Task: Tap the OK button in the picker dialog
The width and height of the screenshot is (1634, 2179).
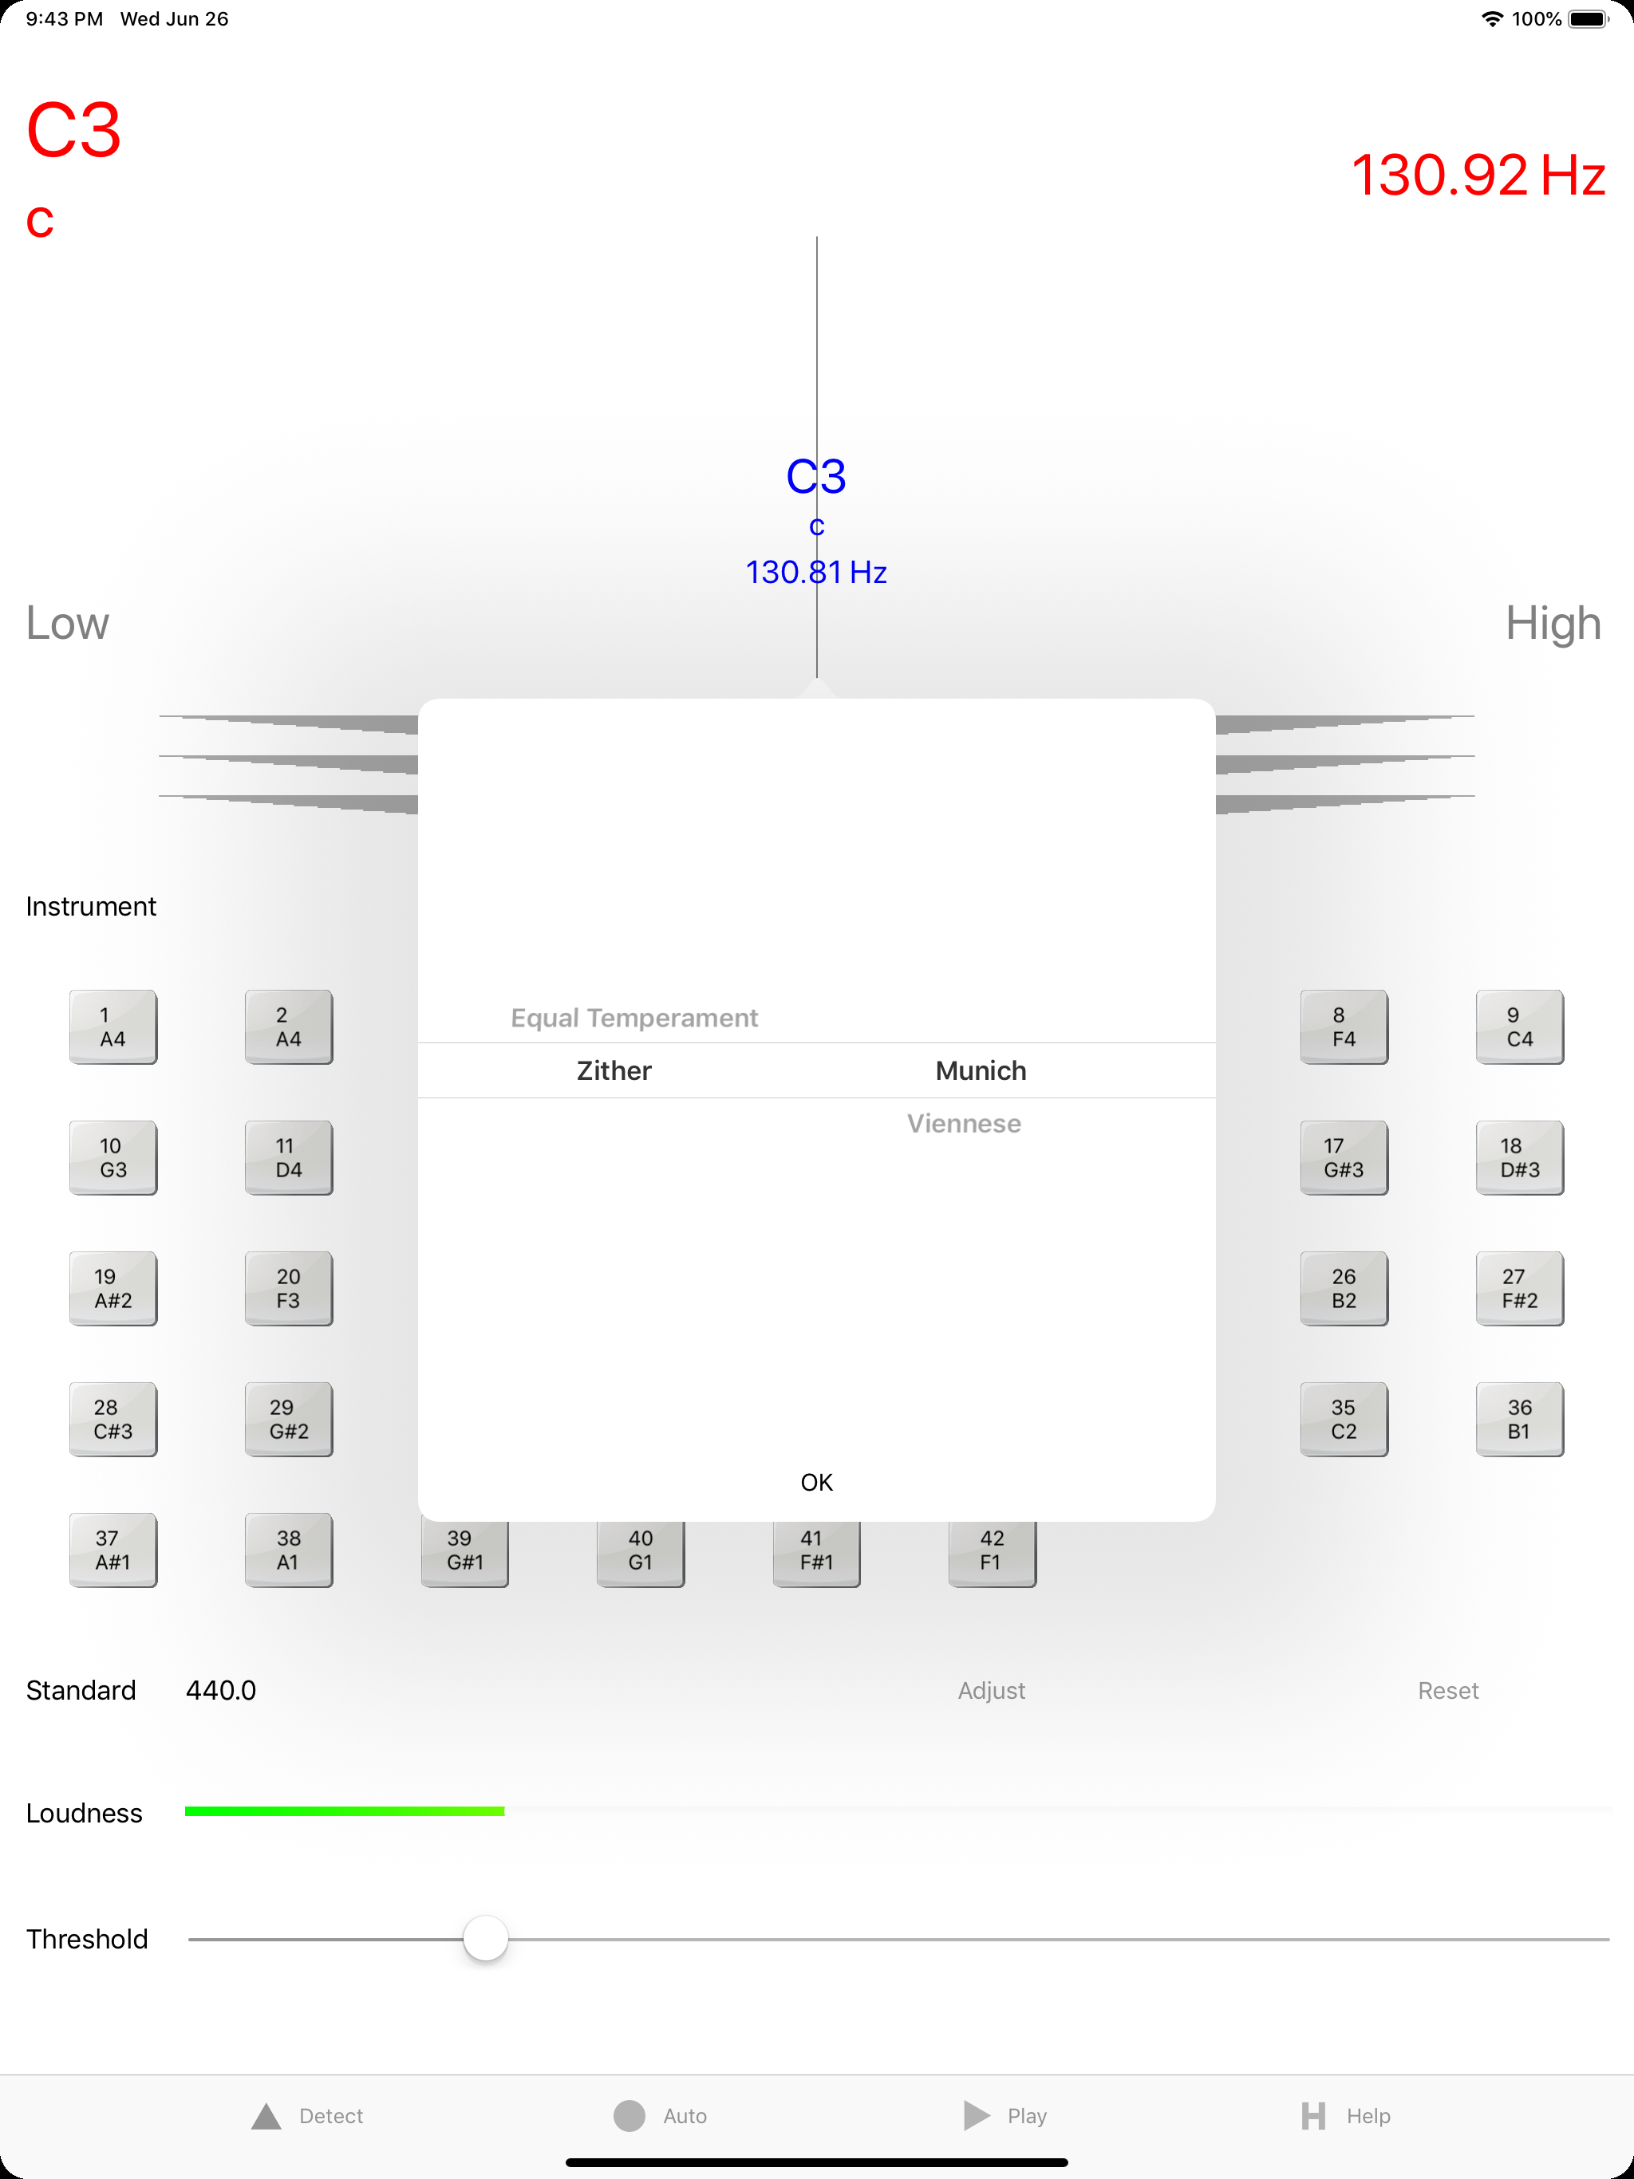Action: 816,1483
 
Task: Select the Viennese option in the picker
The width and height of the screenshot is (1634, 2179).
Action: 964,1124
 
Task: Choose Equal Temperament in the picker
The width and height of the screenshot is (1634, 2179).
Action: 633,1018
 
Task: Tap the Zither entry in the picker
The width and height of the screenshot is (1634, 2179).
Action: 614,1071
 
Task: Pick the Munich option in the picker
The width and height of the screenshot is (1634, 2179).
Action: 981,1071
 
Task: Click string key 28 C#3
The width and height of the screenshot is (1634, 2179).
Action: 113,1420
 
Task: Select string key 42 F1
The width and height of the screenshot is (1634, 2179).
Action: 992,1551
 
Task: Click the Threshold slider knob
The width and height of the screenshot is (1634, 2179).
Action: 485,1939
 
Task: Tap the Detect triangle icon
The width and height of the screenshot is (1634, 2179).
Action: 266,2116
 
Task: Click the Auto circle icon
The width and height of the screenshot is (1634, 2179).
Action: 629,2115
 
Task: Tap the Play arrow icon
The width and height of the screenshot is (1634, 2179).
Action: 977,2115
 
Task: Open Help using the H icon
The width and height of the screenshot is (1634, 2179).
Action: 1312,2116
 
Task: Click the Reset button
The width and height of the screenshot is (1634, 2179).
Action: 1448,1690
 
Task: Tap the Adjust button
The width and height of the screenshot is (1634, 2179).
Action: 992,1690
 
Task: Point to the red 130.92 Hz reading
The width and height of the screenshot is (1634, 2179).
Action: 1478,175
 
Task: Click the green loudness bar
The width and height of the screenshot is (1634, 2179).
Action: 345,1811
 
